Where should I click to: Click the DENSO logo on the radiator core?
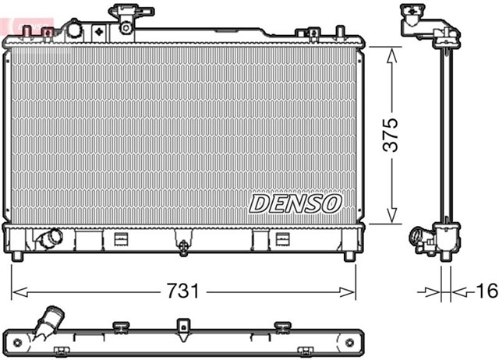(x=296, y=203)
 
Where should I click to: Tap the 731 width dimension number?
(x=184, y=292)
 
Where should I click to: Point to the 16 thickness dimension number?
(x=484, y=292)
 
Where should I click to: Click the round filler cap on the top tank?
(x=73, y=30)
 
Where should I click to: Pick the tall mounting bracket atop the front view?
(x=126, y=17)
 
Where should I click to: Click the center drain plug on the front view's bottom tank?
(x=183, y=247)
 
